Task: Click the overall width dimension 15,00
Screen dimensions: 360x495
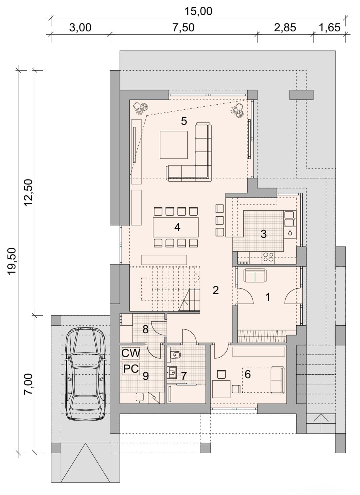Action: [198, 11]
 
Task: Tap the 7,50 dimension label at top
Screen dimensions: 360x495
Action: [184, 28]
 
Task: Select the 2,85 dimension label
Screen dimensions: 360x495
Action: [285, 28]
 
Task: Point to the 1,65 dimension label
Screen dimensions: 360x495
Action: [329, 28]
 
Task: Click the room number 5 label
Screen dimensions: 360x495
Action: [184, 121]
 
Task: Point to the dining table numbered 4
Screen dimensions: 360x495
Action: [176, 227]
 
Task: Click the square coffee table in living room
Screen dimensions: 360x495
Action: [174, 145]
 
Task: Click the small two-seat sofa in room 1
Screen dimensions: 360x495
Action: [255, 275]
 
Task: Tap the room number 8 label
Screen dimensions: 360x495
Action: [145, 329]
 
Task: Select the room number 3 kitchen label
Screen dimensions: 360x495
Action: [264, 234]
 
